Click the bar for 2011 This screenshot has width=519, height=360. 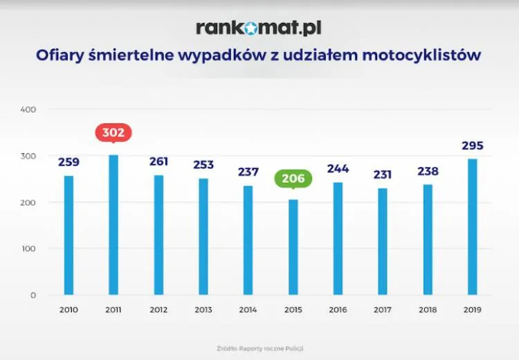pos(113,225)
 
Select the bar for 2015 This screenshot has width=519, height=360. pos(293,247)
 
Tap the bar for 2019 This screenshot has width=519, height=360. pos(473,227)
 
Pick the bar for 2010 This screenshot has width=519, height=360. pos(69,235)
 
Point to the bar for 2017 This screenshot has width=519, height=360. pos(383,242)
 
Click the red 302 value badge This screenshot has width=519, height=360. pos(113,132)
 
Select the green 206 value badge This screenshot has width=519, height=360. pos(293,179)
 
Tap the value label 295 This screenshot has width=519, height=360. pos(473,146)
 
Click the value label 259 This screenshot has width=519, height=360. pos(69,163)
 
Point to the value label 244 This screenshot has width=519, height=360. pos(338,169)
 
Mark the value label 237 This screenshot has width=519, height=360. pos(248,172)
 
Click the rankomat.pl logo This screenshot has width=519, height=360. pos(259,28)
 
